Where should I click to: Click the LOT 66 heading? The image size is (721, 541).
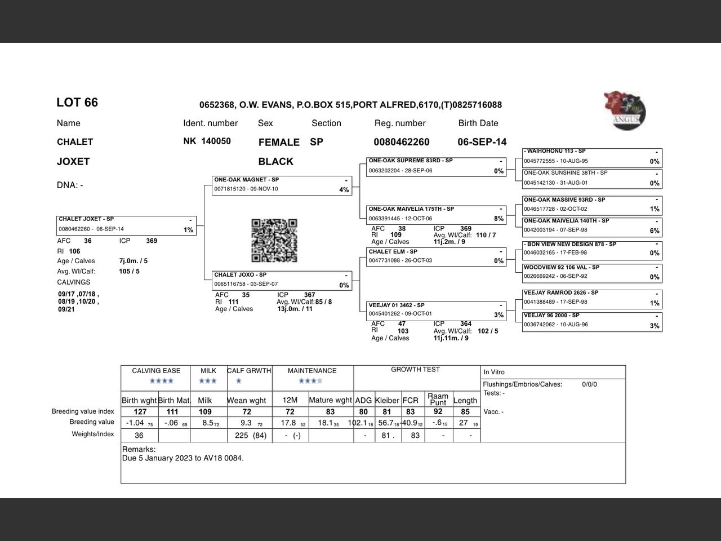pos(77,103)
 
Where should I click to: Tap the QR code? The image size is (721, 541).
pos(274,241)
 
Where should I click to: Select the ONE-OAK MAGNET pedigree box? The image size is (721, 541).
pos(282,185)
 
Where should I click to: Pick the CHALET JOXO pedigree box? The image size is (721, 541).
pos(282,280)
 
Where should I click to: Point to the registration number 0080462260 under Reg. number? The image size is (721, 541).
pos(401,142)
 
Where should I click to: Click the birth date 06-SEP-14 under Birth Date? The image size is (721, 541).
pos(482,142)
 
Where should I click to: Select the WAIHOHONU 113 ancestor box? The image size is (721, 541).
pos(592,157)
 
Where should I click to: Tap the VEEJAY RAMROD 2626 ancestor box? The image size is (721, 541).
pos(592,298)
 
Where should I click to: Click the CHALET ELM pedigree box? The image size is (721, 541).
pos(436,256)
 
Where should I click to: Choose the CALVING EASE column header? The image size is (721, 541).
pos(156,371)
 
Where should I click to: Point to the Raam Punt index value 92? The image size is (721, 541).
pos(438,412)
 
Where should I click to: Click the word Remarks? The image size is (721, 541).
pos(139,450)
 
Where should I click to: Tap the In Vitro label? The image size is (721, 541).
pos(494,372)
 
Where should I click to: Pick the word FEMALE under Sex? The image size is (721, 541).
pos(279,143)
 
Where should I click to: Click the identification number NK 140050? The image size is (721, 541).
pos(207,141)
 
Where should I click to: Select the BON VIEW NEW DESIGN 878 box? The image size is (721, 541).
pos(592,249)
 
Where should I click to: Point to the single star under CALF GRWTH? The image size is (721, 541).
pos(238,382)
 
